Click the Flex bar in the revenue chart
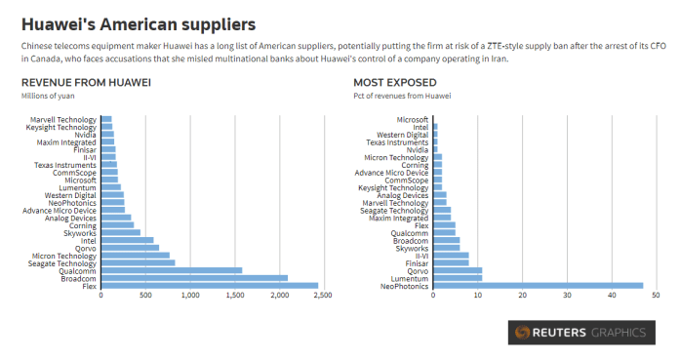click(x=209, y=286)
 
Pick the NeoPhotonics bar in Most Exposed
click(x=538, y=286)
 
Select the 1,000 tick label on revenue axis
click(x=188, y=296)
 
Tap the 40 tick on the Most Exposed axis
click(x=612, y=296)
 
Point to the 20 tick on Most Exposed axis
click(x=522, y=296)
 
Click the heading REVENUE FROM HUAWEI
click(x=86, y=83)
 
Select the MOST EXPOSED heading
click(x=396, y=83)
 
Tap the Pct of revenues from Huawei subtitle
click(x=402, y=96)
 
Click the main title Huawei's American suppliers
click(x=139, y=22)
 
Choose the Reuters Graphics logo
click(x=580, y=333)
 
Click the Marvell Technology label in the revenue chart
click(x=63, y=119)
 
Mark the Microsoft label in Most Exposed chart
click(x=412, y=119)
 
